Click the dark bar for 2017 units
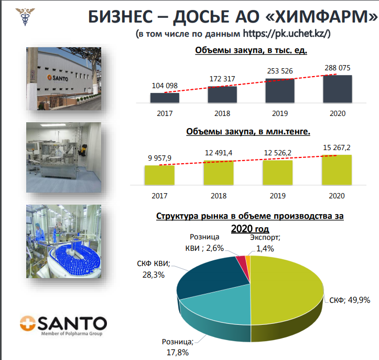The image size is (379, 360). coord(165,98)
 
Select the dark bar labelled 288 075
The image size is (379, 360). coord(338,89)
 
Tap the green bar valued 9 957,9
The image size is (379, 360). coord(159,175)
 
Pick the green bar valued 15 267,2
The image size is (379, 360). coord(337,170)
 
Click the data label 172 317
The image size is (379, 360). coord(222,79)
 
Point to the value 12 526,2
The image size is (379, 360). coord(277,153)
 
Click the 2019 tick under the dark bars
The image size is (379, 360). coord(280,113)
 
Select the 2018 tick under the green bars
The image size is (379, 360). coord(219,196)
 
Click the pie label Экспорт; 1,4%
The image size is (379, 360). coord(265,243)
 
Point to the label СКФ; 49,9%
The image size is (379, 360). coord(350,300)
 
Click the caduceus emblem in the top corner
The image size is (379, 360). coord(25,16)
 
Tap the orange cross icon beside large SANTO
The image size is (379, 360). coord(28,323)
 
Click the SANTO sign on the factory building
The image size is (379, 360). coord(58,78)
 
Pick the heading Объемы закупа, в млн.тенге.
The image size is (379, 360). coord(248,131)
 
